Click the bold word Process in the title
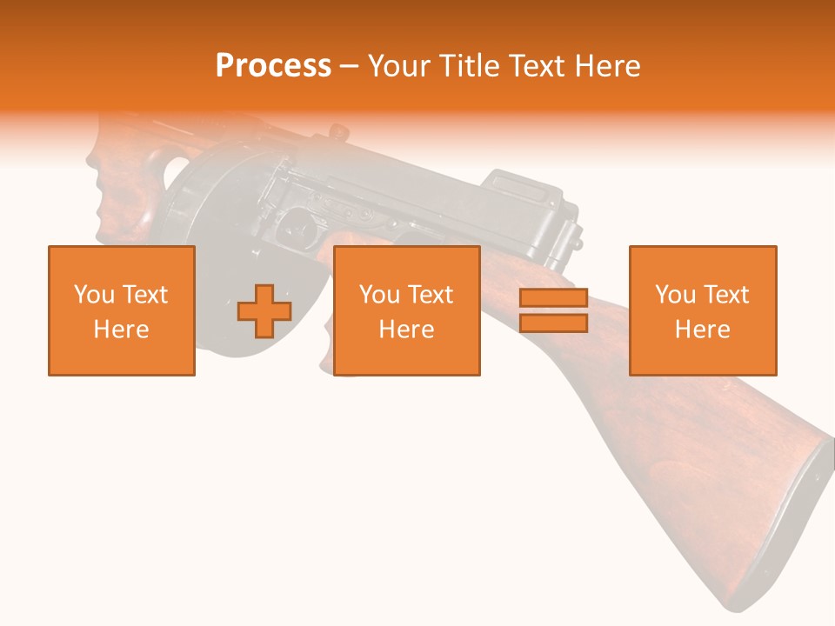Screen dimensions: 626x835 [273, 66]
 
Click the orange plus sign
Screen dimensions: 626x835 [264, 311]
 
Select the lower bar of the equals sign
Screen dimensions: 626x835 [553, 323]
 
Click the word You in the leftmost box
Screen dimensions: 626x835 [94, 295]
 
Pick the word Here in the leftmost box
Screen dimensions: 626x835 [122, 330]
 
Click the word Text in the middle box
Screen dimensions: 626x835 [431, 295]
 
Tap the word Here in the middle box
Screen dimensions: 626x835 [407, 330]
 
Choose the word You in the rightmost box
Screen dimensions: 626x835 [676, 295]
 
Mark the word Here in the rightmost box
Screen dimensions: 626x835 [703, 330]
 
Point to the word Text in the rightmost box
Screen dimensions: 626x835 [726, 295]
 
